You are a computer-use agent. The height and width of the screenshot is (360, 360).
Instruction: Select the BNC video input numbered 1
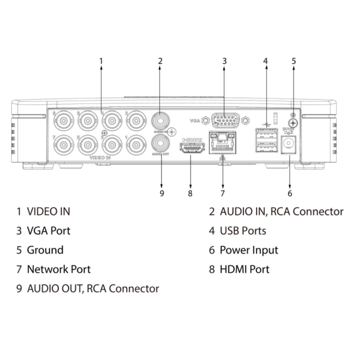tap(136, 144)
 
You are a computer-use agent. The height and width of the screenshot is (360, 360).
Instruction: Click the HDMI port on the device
tap(192, 148)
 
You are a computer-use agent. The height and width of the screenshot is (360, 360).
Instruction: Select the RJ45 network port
tap(222, 142)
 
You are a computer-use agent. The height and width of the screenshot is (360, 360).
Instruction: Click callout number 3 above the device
tap(225, 61)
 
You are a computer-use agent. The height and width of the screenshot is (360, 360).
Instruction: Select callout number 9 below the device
tap(161, 194)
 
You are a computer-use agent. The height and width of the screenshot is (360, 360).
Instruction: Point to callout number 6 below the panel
tap(290, 194)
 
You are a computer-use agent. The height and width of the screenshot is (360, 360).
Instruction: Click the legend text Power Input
tap(249, 250)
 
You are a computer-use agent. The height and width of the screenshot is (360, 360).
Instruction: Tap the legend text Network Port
tap(59, 269)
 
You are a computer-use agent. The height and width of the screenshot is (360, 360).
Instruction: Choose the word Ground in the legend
tap(45, 250)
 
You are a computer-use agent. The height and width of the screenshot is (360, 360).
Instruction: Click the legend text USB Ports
tap(243, 231)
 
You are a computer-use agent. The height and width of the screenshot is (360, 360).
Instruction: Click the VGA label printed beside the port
tap(195, 121)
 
